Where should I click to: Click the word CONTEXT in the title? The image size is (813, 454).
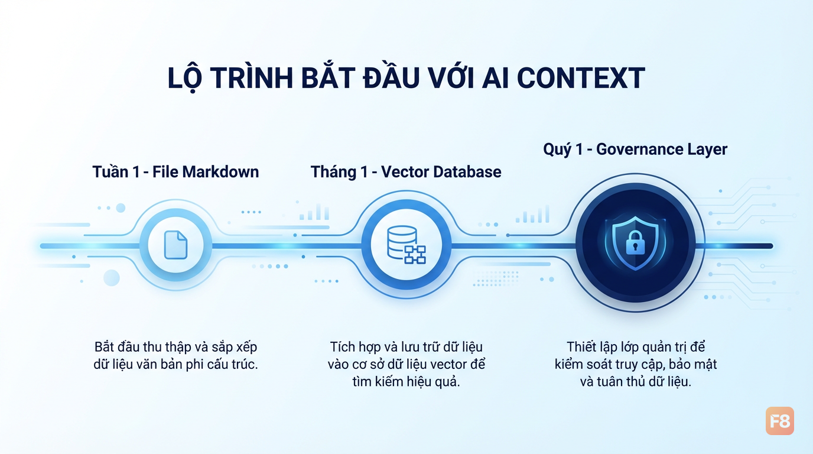click(581, 78)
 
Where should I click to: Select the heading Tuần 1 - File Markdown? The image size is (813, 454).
click(175, 172)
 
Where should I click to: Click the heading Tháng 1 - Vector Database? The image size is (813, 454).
click(406, 172)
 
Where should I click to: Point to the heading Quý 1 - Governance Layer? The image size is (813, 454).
click(635, 150)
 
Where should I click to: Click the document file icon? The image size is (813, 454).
click(175, 245)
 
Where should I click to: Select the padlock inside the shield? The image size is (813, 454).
click(635, 242)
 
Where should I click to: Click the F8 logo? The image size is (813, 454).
click(779, 421)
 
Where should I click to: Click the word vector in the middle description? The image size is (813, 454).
click(444, 364)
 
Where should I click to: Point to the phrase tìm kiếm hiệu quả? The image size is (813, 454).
click(406, 382)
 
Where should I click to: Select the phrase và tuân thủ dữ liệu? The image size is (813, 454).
click(635, 382)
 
